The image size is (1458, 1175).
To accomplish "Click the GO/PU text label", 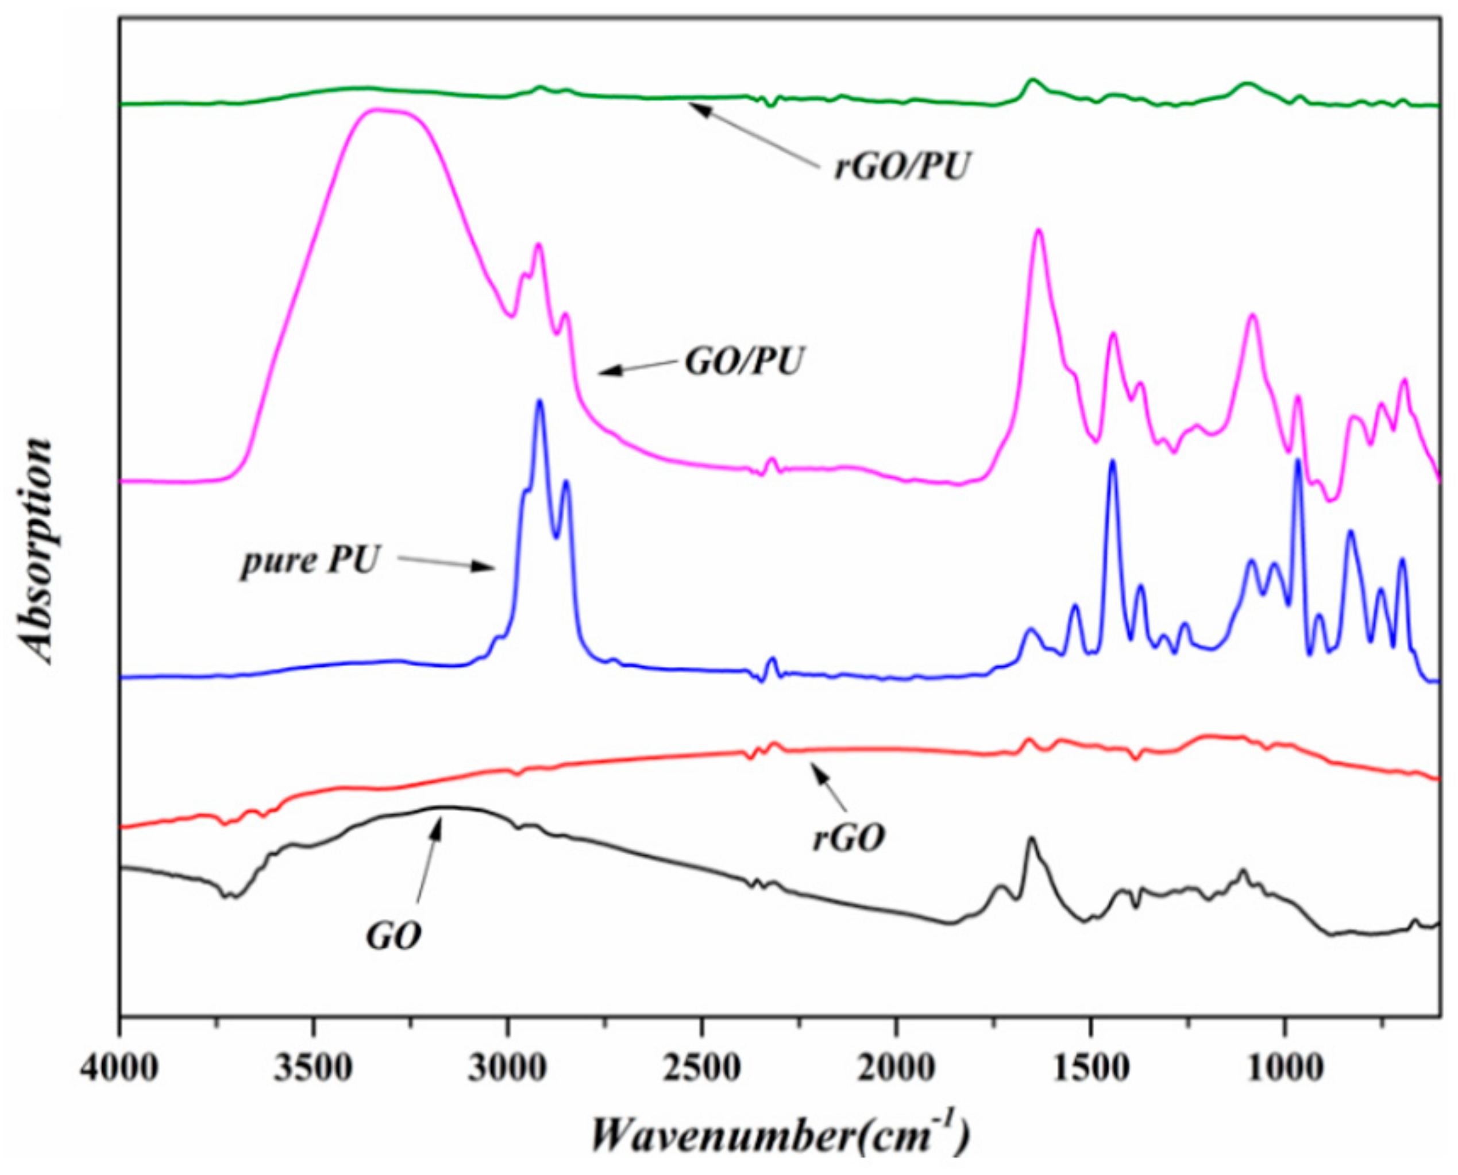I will click(743, 362).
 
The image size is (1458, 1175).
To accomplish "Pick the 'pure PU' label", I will click(308, 561).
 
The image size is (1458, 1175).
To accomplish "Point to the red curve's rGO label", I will click(848, 839).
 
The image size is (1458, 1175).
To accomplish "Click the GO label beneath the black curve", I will click(394, 937).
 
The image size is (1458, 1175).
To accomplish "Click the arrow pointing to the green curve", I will click(751, 133).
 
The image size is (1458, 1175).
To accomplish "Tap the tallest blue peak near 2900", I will click(539, 402).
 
